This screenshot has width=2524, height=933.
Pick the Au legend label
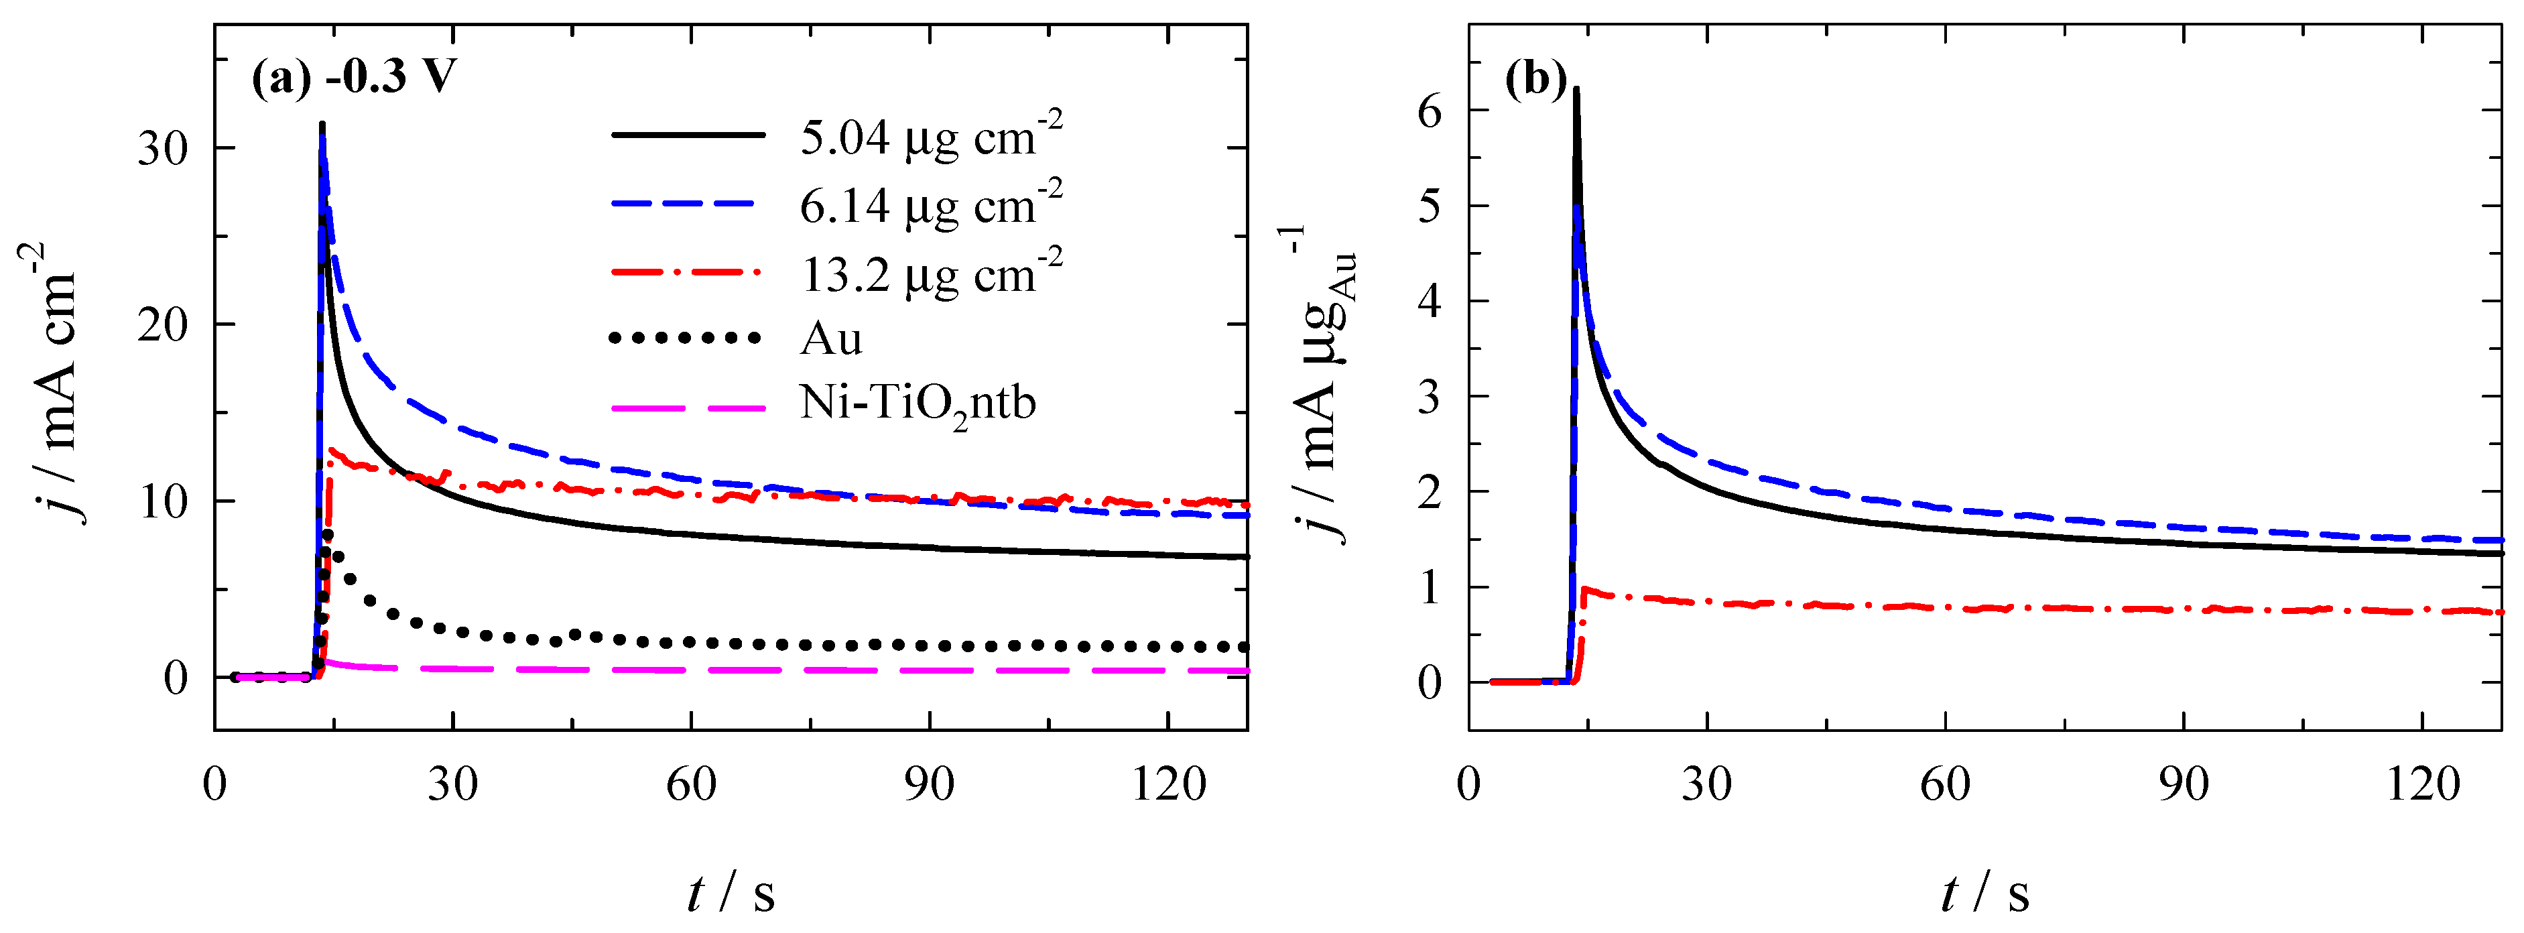point(831,339)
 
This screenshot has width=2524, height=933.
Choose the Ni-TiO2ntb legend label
point(917,403)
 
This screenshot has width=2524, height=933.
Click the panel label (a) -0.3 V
point(354,76)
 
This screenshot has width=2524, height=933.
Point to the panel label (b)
point(1535,78)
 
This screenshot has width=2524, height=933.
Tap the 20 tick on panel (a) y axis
point(163,325)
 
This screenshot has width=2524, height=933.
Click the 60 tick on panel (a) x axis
point(691,784)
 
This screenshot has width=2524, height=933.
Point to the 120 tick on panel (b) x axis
point(2422,784)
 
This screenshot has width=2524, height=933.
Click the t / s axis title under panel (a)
point(731,893)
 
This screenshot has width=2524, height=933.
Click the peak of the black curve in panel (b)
point(1576,90)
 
